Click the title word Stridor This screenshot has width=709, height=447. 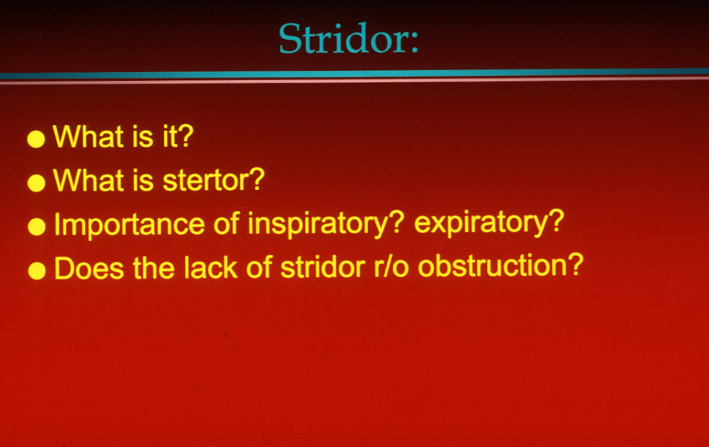(x=342, y=38)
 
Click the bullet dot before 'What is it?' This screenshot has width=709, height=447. (x=36, y=139)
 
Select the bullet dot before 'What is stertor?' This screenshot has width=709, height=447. (x=36, y=183)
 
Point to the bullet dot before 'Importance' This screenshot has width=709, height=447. (x=37, y=227)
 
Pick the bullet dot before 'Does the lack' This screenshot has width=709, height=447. (x=37, y=271)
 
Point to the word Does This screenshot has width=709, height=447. (x=89, y=268)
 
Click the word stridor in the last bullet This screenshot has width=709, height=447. (x=323, y=267)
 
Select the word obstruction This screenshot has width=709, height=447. (x=492, y=266)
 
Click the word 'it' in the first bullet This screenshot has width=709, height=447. (x=170, y=136)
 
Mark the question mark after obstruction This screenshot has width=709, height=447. (x=575, y=265)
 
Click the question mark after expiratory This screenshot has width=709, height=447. (x=557, y=220)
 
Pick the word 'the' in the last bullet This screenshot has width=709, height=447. (x=154, y=267)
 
